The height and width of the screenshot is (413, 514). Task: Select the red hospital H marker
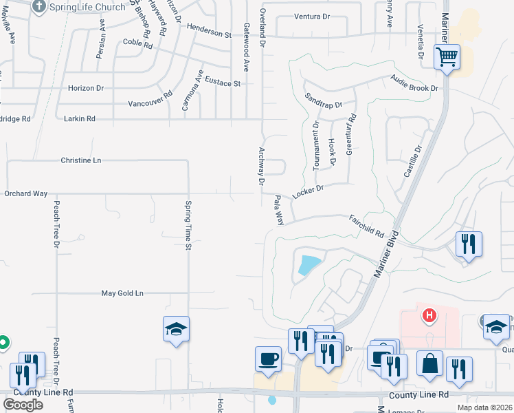click(x=429, y=316)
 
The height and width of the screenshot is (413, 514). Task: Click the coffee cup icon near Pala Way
click(x=267, y=358)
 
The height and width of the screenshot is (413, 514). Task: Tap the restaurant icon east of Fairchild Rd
click(x=469, y=244)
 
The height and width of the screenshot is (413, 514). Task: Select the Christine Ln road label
click(x=80, y=160)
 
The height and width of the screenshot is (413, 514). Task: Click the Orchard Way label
click(x=26, y=194)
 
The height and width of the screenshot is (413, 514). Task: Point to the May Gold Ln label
click(x=122, y=293)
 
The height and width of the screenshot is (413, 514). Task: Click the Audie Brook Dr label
click(x=414, y=84)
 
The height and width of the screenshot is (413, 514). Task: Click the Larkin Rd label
click(x=79, y=119)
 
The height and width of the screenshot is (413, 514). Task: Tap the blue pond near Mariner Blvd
click(x=309, y=264)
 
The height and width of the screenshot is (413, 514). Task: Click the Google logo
click(x=23, y=405)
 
